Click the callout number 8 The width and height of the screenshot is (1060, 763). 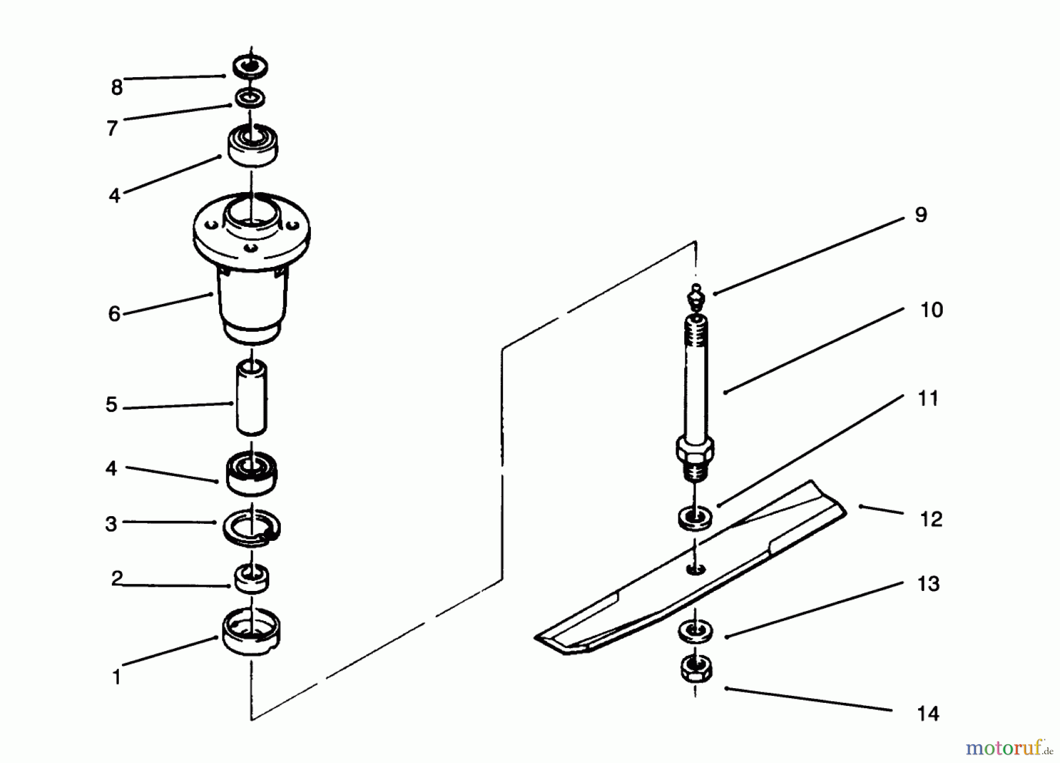coord(117,88)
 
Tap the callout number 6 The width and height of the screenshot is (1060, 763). coord(114,313)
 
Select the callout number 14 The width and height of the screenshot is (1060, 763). coord(928,714)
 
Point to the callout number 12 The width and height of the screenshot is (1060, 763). coord(931,519)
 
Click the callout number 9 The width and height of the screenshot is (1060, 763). coord(921,214)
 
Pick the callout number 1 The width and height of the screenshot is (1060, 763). coord(117,677)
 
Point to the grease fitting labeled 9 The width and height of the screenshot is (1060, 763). coord(696,295)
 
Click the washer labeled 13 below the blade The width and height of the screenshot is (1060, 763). coord(695,632)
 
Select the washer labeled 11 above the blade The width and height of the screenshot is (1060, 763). coord(695,518)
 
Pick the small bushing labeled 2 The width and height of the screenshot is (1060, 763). coord(252,578)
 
